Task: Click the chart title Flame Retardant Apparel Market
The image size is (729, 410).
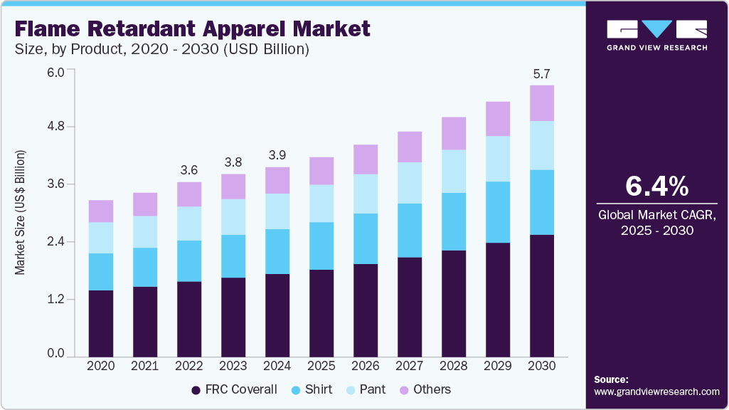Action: point(192,29)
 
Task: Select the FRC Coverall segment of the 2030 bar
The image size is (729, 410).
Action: point(542,295)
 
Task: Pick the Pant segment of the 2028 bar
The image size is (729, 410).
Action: point(454,171)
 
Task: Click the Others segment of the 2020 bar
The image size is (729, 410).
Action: point(101,211)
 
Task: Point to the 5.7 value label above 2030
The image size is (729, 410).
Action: point(542,73)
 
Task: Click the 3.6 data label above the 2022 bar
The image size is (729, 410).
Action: point(189,170)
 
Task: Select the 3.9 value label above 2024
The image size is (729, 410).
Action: point(277,155)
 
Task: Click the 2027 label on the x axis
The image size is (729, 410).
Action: point(410,366)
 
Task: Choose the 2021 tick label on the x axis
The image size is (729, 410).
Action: point(145,366)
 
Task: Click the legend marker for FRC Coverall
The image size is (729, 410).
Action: point(196,390)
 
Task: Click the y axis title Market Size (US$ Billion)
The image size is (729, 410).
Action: point(21,213)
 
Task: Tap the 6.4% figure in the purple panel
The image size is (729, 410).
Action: point(656,186)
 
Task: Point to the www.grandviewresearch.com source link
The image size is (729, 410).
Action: point(656,391)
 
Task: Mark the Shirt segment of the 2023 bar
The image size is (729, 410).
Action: point(233,256)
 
